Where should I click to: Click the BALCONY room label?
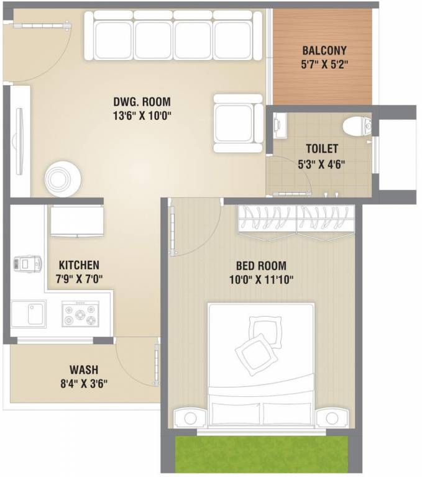(x=324, y=50)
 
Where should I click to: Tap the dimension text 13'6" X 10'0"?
(x=142, y=114)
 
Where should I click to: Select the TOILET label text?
(x=321, y=149)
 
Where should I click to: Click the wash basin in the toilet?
(x=278, y=125)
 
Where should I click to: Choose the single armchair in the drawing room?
(x=237, y=122)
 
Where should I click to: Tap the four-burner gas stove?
(x=80, y=313)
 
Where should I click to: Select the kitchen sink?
(x=29, y=313)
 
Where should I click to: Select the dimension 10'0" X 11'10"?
(x=260, y=279)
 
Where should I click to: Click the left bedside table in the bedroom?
(x=188, y=417)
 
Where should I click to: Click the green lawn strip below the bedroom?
(x=260, y=455)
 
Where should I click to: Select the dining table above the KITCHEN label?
(x=76, y=222)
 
